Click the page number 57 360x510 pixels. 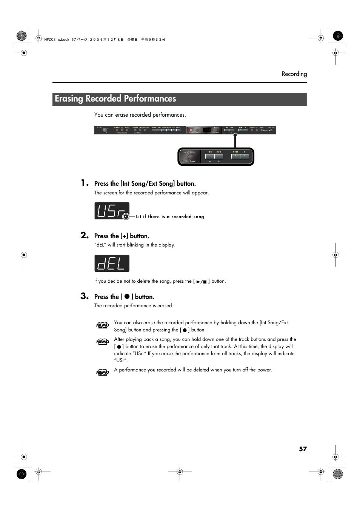point(303,449)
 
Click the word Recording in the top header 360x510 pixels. point(294,74)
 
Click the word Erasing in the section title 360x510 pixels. point(69,99)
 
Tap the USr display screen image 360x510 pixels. point(111,211)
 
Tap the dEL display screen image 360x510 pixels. point(112,263)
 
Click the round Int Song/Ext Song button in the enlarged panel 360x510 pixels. point(190,157)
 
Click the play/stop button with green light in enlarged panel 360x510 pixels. point(235,156)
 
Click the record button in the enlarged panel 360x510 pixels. point(245,156)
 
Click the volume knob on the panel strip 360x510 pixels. point(105,130)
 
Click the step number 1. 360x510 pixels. point(85,183)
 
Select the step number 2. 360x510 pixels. point(85,235)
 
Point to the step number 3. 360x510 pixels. point(85,296)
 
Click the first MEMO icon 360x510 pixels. point(103,325)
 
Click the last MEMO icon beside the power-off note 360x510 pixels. point(103,372)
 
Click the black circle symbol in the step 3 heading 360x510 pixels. point(127,297)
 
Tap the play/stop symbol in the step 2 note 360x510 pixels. point(202,282)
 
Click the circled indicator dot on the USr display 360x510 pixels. point(126,217)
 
